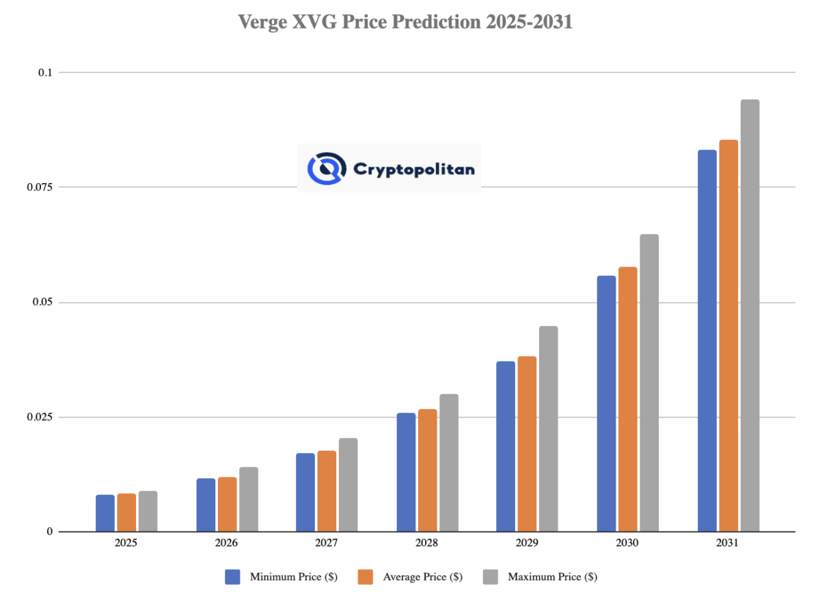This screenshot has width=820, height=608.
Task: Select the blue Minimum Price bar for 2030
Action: click(x=606, y=404)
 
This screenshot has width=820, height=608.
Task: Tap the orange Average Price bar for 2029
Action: click(x=527, y=444)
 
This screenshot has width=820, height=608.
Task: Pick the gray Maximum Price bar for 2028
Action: click(x=449, y=463)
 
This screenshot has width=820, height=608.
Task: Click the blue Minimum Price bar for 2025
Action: click(x=105, y=513)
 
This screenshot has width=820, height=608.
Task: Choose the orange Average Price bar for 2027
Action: click(x=327, y=491)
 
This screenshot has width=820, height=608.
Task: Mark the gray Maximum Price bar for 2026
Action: click(x=249, y=499)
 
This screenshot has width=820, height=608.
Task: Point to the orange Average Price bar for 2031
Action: click(x=728, y=335)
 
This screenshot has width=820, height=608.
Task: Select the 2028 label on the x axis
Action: click(x=426, y=544)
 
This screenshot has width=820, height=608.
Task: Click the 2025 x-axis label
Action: click(x=126, y=544)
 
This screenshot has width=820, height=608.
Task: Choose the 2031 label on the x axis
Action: click(x=728, y=544)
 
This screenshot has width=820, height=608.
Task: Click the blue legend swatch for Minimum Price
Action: click(x=233, y=577)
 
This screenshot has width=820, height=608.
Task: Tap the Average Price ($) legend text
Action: click(x=423, y=577)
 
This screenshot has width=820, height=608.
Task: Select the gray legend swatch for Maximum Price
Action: click(x=491, y=577)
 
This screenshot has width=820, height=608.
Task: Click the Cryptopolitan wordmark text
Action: click(x=413, y=169)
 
